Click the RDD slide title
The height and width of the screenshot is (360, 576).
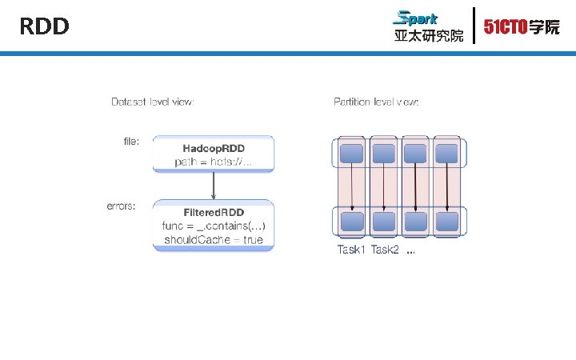pos(45,27)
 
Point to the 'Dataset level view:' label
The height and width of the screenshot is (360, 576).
pos(152,102)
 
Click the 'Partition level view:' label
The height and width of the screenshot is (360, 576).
pos(376,102)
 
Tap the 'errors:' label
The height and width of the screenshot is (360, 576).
pos(122,206)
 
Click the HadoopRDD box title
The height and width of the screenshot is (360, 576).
pos(214,149)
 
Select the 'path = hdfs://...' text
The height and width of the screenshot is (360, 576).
pos(214,162)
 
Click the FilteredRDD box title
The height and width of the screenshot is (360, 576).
pos(214,212)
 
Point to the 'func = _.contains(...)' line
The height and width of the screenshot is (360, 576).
pos(214,226)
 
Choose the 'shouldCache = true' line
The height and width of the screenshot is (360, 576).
pos(214,239)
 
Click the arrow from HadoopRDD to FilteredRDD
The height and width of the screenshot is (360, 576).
pos(214,185)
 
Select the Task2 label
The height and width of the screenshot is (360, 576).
pos(385,250)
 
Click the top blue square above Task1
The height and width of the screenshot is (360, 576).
pos(352,153)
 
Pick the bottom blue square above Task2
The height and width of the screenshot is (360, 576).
pos(384,220)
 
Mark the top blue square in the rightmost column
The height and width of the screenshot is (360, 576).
pos(446,153)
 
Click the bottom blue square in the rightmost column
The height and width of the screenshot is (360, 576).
pos(446,220)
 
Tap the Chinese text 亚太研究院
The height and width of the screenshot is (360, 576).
pos(428,36)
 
